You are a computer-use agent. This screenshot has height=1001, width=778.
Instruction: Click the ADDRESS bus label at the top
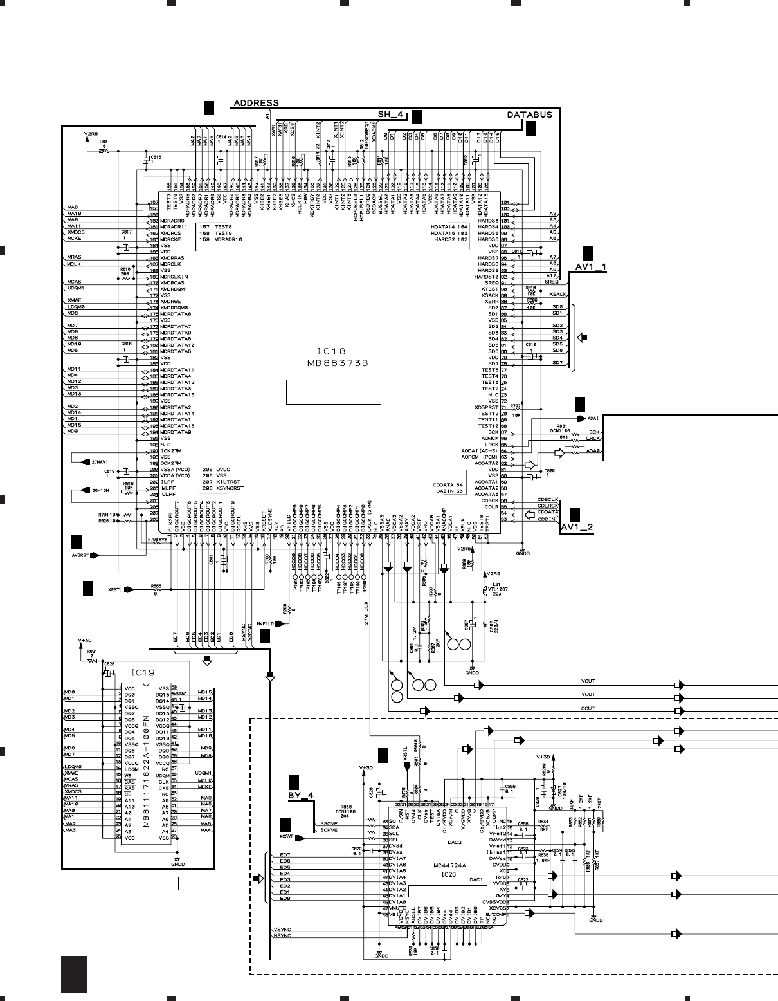256,103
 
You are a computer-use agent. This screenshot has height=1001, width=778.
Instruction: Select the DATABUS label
529,115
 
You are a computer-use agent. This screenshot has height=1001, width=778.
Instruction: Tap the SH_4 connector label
390,115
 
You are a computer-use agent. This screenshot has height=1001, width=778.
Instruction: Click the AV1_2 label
577,528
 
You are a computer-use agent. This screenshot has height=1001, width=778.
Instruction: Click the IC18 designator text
332,352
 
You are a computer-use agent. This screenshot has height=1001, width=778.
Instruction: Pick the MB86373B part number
332,363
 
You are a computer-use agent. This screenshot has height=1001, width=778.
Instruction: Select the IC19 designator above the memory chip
143,674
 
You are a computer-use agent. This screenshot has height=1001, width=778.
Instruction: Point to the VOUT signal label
588,681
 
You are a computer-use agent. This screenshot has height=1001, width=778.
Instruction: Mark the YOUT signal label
588,695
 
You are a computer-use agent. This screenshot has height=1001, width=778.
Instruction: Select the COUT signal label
588,708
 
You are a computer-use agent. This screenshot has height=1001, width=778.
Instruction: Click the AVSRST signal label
81,554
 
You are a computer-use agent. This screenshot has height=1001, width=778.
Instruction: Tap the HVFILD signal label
265,624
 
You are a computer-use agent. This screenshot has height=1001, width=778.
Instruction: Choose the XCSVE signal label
287,837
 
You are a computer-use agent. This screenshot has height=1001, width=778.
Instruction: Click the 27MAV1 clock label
98,461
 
